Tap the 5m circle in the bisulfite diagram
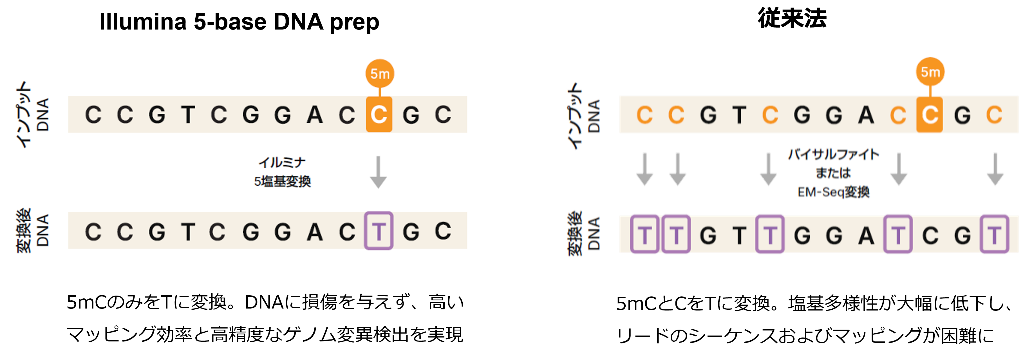pyautogui.click(x=930, y=72)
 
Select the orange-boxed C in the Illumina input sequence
pyautogui.click(x=379, y=115)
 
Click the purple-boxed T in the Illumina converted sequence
pyautogui.click(x=379, y=231)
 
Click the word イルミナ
pyautogui.click(x=282, y=163)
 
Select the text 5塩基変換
pyautogui.click(x=282, y=181)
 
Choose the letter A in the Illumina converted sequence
pyautogui.click(x=315, y=232)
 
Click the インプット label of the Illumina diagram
pyautogui.click(x=24, y=115)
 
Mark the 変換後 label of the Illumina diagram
pyautogui.click(x=24, y=231)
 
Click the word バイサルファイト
pyautogui.click(x=833, y=154)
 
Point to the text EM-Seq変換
pyautogui.click(x=833, y=192)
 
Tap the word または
pyautogui.click(x=833, y=173)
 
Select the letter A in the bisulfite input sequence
pyautogui.click(x=866, y=116)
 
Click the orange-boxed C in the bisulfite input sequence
pyautogui.click(x=930, y=115)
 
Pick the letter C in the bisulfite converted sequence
pyautogui.click(x=930, y=235)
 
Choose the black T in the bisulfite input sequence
pyautogui.click(x=739, y=116)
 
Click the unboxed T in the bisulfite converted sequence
pyautogui.click(x=739, y=235)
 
